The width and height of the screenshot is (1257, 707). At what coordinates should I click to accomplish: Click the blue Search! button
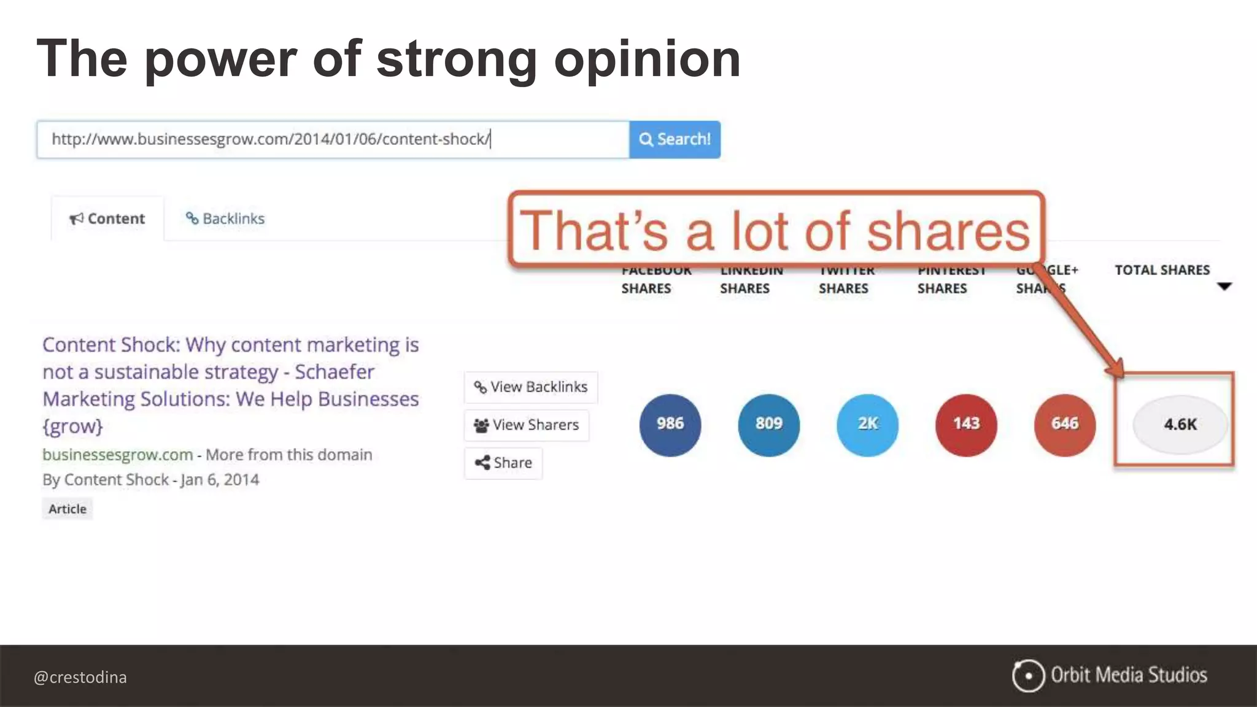click(675, 139)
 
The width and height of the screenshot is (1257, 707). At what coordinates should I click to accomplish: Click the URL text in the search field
click(270, 139)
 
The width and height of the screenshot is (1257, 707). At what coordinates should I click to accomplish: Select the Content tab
click(107, 218)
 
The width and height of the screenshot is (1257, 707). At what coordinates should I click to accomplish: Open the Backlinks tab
click(225, 218)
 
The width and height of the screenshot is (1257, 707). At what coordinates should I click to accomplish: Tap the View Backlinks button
click(531, 387)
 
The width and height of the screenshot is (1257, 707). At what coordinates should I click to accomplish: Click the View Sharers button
click(527, 425)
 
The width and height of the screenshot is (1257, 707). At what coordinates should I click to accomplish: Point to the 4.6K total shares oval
click(1180, 424)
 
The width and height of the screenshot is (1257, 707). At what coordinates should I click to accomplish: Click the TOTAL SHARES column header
click(1162, 270)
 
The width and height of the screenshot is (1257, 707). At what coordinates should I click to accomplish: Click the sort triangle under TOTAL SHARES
click(1224, 286)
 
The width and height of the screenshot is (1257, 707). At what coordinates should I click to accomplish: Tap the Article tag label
click(68, 509)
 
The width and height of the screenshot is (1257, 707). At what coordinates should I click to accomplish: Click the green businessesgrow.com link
click(117, 455)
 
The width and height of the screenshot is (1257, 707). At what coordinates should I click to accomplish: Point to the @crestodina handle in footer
click(80, 677)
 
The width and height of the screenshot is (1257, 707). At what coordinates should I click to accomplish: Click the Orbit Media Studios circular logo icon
click(1028, 676)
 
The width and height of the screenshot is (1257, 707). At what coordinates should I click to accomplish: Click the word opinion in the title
click(648, 60)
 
